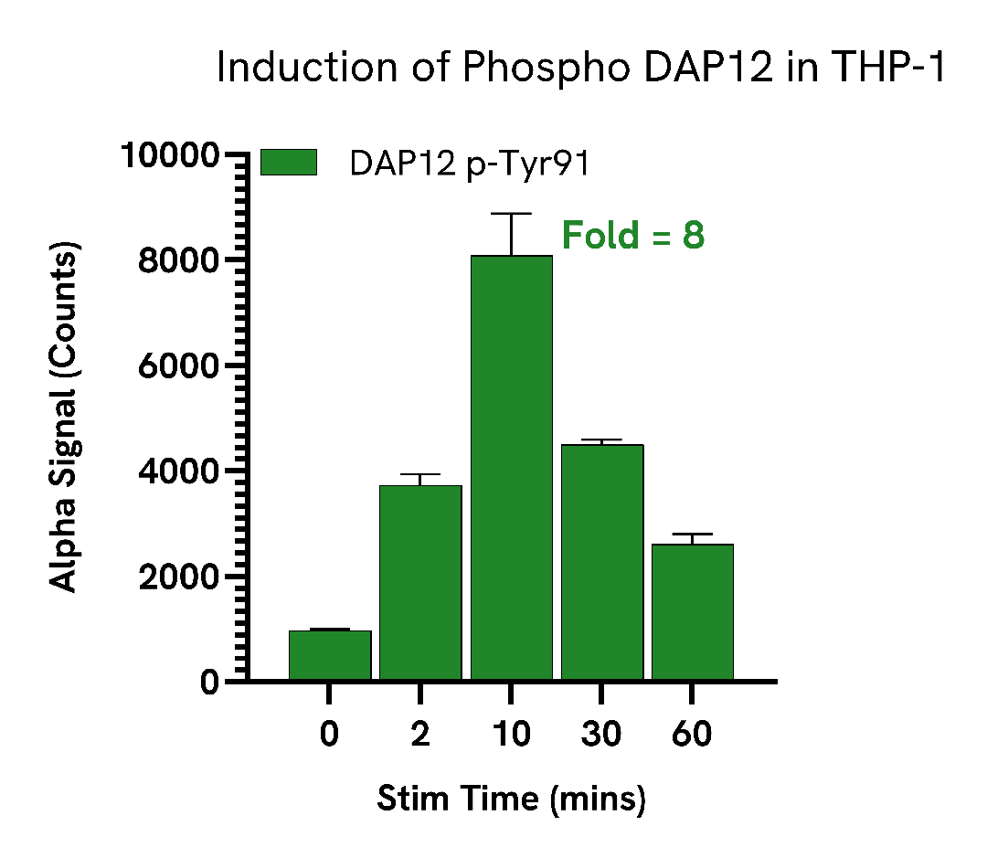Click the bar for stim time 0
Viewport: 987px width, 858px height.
click(330, 655)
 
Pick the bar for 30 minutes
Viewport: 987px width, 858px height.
click(602, 562)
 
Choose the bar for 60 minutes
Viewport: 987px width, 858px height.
click(692, 612)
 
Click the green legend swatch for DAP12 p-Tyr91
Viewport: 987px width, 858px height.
click(288, 163)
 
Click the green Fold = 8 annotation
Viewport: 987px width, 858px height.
click(632, 236)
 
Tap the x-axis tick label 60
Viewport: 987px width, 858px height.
click(692, 735)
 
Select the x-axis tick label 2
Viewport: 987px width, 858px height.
click(420, 735)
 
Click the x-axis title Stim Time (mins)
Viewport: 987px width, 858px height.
click(512, 799)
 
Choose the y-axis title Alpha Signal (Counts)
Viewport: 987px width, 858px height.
click(63, 417)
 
